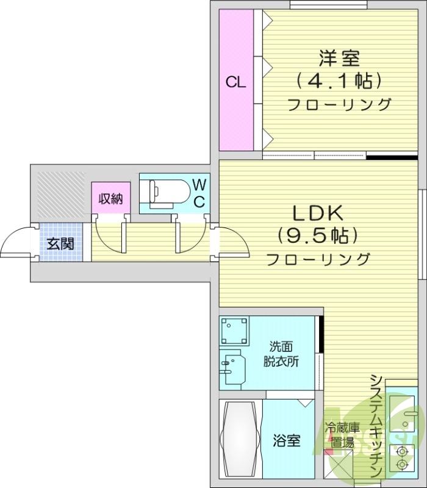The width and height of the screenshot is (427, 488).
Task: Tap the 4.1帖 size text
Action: (339, 80)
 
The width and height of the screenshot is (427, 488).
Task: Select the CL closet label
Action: (236, 82)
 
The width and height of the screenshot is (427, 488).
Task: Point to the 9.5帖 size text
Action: (317, 235)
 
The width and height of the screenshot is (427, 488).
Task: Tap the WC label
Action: (199, 193)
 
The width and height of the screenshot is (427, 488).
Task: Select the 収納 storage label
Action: (111, 199)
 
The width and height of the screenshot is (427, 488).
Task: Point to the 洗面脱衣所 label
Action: (281, 352)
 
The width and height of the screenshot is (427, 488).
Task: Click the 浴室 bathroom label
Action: (287, 440)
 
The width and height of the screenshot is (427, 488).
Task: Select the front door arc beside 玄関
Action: (15, 242)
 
